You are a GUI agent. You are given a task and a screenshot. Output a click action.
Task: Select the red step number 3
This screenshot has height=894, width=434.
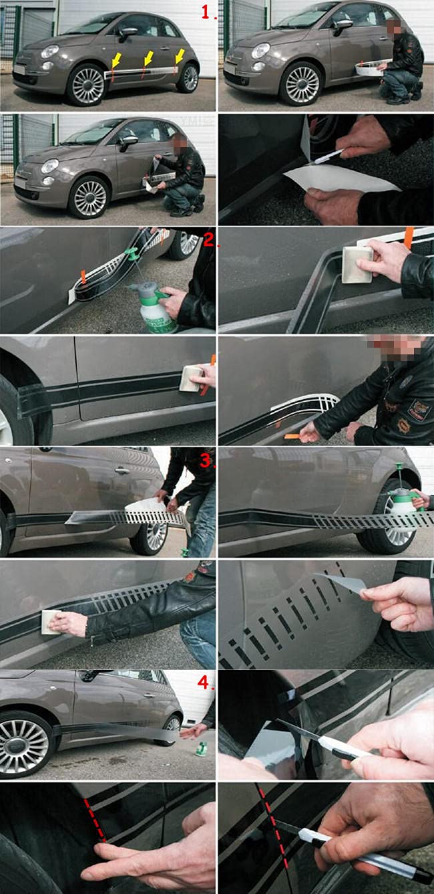[207, 461]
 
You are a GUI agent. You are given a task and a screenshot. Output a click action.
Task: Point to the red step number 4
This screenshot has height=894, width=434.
[207, 684]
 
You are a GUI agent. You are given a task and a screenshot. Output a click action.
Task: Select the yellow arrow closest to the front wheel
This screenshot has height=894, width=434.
[116, 62]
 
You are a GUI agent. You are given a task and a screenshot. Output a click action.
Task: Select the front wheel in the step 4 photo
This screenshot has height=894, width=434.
[25, 745]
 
